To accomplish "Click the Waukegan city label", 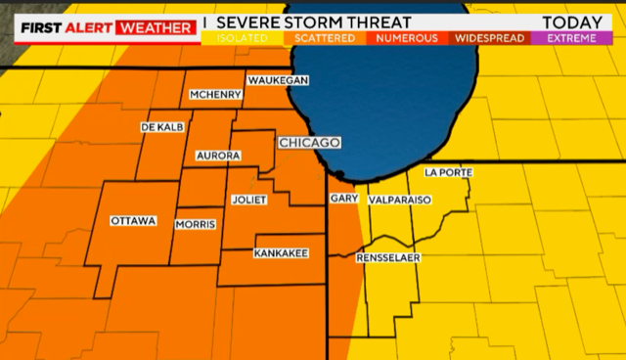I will [x=279, y=79].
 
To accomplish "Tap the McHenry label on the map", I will [x=214, y=95].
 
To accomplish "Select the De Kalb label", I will [x=163, y=127].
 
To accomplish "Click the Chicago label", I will [x=309, y=143].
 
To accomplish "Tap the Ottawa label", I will [x=133, y=221].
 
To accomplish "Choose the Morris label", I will [x=195, y=225].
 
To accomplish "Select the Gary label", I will [x=343, y=198].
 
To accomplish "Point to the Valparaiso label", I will [x=400, y=200].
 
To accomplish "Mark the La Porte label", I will [x=449, y=172].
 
